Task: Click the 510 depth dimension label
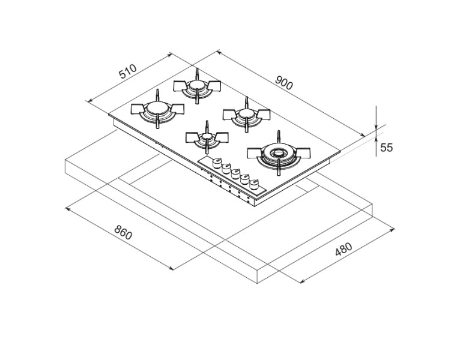click(127, 73)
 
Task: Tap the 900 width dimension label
click(283, 83)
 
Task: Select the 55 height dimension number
click(386, 147)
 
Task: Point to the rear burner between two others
click(196, 87)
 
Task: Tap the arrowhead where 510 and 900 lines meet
click(171, 55)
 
